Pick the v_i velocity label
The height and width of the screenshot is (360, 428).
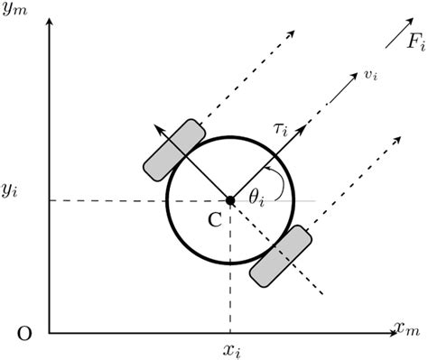[x=370, y=76]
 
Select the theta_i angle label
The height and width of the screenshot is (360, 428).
[x=258, y=194]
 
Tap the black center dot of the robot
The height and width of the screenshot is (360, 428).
[x=230, y=200]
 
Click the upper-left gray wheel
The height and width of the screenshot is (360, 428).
[x=173, y=148]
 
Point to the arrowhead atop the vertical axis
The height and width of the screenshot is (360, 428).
[x=50, y=20]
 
